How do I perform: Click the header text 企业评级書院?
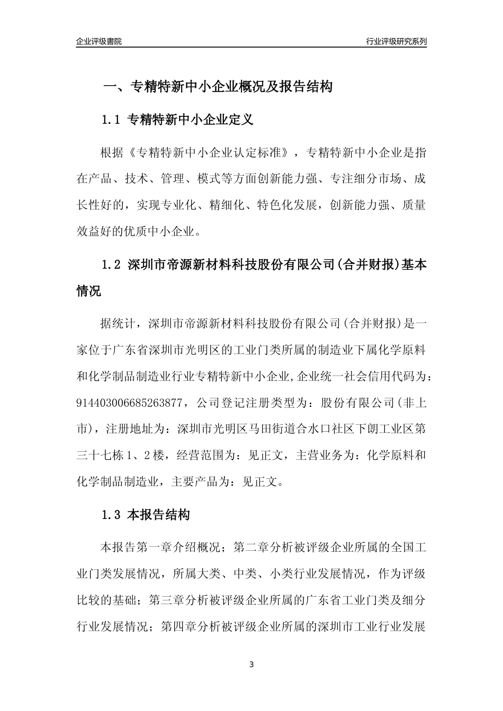(99, 41)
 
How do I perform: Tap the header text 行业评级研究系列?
(396, 41)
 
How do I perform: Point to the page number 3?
(251, 664)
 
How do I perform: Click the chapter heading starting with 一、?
(217, 87)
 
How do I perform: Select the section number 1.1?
(111, 120)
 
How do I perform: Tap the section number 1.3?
(111, 514)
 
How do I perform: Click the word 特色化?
(276, 205)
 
